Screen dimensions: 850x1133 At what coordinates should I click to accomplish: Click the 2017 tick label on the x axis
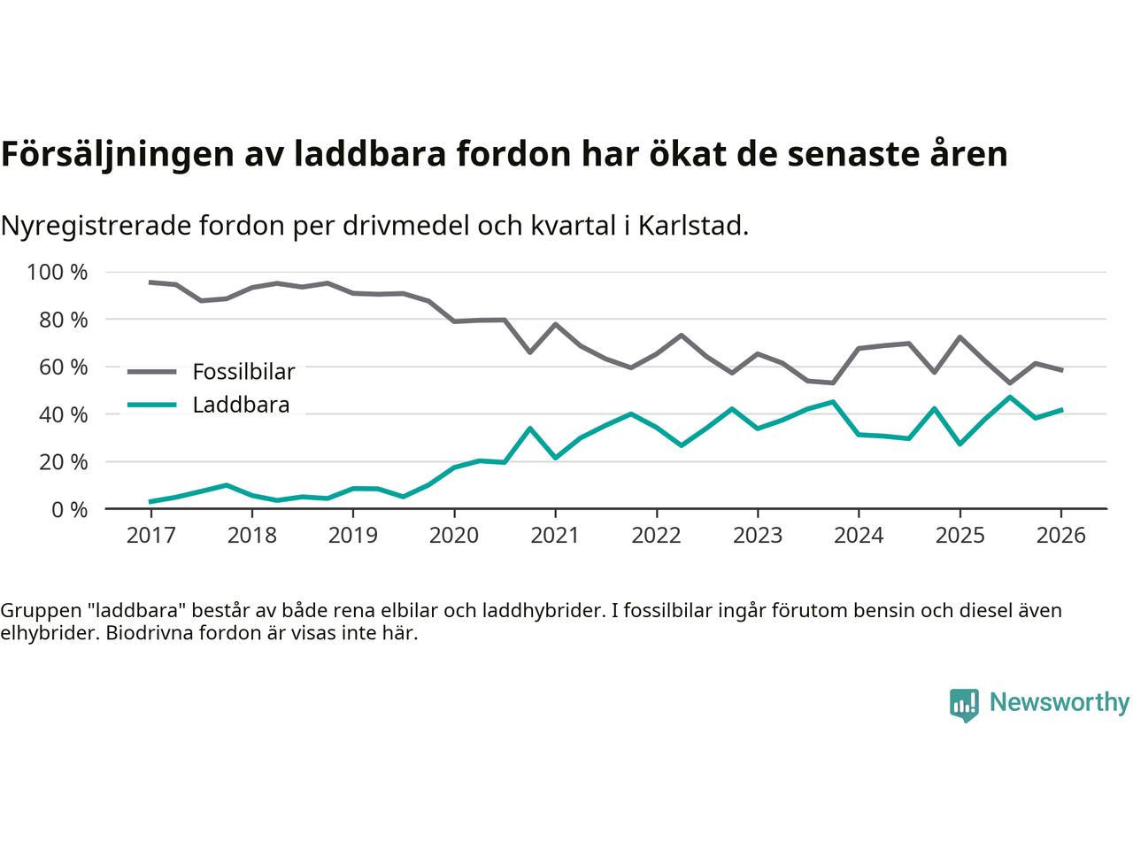click(150, 536)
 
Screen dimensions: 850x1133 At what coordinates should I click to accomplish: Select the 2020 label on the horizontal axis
click(454, 536)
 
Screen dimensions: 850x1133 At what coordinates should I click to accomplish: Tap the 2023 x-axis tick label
click(758, 536)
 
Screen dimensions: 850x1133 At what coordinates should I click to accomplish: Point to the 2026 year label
click(1061, 536)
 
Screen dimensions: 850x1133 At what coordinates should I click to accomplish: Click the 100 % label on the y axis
click(58, 272)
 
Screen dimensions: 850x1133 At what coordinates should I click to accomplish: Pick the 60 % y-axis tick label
click(63, 367)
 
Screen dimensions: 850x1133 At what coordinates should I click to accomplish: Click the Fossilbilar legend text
click(243, 371)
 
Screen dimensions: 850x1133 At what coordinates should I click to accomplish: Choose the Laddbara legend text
click(241, 406)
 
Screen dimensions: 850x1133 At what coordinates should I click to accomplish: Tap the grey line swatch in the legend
click(152, 371)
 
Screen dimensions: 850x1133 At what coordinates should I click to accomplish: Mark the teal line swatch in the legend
click(152, 406)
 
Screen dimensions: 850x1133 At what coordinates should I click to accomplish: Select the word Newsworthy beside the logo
click(1059, 703)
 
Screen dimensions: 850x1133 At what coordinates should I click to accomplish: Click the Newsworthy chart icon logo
click(964, 705)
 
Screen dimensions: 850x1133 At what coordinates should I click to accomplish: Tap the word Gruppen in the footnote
click(36, 610)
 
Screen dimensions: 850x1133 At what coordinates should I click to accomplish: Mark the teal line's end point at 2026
click(1061, 410)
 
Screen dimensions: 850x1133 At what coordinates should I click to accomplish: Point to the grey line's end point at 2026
click(1061, 370)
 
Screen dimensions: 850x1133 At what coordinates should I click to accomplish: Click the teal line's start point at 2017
click(150, 502)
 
